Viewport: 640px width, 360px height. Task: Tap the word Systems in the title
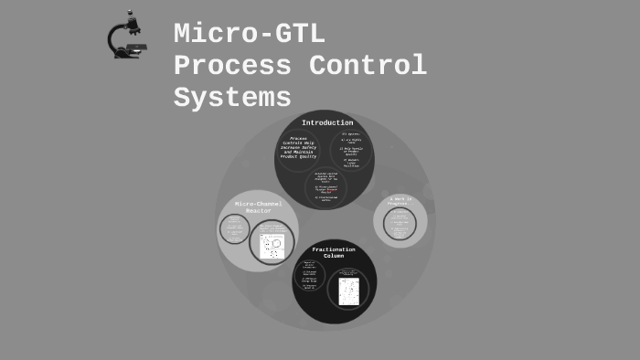[x=232, y=97]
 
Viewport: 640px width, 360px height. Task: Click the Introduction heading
[x=327, y=122]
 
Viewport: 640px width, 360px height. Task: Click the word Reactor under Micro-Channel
[x=259, y=211]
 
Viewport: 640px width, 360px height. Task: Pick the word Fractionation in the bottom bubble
[x=334, y=249]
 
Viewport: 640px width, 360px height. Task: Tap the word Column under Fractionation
[x=334, y=256]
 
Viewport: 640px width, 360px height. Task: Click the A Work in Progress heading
[x=400, y=200]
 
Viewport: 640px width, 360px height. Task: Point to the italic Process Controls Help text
[x=298, y=147]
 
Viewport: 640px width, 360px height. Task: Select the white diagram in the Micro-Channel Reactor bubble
[x=272, y=246]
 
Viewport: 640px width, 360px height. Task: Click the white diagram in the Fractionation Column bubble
[x=348, y=291]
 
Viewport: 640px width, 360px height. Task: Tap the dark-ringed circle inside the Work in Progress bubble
[x=400, y=224]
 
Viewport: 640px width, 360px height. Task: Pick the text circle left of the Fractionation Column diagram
[x=309, y=277]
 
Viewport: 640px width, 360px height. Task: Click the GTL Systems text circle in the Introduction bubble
[x=351, y=150]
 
